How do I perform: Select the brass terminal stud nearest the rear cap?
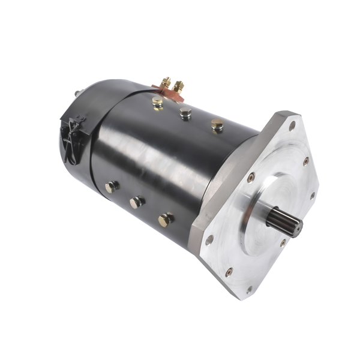[x=166, y=82]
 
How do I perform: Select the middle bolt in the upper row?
[x=185, y=112]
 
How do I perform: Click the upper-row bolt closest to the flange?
[x=217, y=124]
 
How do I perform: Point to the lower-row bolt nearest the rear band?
[x=112, y=187]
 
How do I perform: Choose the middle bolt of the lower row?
[x=137, y=202]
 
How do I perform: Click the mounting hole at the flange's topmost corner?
[x=292, y=126]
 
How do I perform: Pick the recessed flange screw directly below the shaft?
[x=283, y=243]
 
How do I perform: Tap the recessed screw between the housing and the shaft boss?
[x=251, y=176]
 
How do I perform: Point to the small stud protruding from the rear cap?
[x=78, y=93]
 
